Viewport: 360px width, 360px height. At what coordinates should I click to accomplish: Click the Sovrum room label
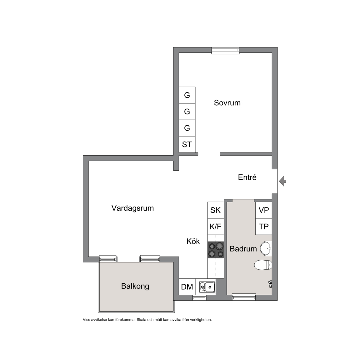(x=227, y=102)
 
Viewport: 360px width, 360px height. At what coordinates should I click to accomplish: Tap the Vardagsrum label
(x=132, y=208)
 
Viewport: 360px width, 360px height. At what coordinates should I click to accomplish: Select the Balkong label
(x=135, y=286)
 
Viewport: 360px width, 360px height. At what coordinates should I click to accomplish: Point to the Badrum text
(x=243, y=249)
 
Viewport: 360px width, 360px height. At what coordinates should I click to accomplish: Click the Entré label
(x=247, y=177)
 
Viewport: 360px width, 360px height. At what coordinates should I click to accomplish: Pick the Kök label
(x=193, y=241)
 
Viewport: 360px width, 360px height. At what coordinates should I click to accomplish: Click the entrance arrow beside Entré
(x=282, y=181)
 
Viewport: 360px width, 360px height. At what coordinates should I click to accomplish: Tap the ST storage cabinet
(x=187, y=144)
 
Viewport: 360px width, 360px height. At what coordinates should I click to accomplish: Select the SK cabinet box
(x=216, y=210)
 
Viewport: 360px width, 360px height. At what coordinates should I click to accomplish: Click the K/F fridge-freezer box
(x=216, y=227)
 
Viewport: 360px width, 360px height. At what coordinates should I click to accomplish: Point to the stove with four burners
(x=216, y=250)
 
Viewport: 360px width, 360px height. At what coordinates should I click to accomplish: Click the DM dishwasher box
(x=187, y=287)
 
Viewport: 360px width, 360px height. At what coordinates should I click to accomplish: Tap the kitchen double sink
(x=207, y=287)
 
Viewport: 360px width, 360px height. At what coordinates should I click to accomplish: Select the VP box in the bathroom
(x=263, y=210)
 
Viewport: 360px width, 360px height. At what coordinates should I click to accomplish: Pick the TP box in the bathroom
(x=263, y=227)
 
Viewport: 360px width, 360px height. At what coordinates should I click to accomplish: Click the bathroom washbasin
(x=266, y=248)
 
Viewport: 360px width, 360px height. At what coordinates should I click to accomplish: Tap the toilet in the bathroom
(x=263, y=265)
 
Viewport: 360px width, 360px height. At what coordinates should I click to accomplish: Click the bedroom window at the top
(x=225, y=51)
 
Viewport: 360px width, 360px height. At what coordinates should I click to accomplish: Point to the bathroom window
(x=244, y=297)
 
